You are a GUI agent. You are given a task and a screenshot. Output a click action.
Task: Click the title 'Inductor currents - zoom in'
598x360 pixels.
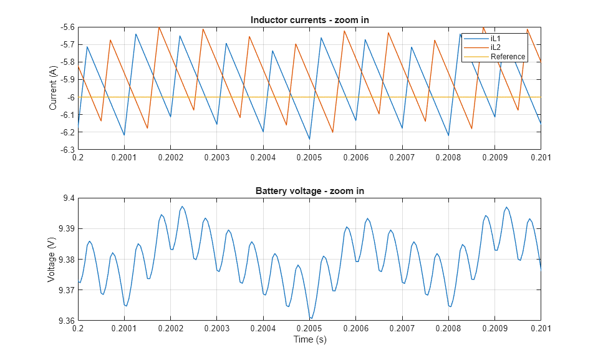[x=309, y=20]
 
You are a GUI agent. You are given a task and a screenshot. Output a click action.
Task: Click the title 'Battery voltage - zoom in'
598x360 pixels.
[x=309, y=191]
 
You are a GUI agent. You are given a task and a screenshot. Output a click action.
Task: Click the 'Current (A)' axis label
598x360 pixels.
[x=53, y=89]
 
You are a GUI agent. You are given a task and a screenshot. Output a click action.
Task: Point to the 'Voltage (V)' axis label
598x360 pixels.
[x=53, y=260]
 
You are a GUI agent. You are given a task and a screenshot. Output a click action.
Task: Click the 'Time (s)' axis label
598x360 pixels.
[x=310, y=340]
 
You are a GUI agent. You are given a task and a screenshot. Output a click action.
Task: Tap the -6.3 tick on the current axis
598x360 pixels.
[x=65, y=150]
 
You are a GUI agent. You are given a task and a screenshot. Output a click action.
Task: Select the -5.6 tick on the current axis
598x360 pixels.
[x=65, y=27]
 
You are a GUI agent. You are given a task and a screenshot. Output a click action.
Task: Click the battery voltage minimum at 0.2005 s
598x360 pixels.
[x=310, y=319]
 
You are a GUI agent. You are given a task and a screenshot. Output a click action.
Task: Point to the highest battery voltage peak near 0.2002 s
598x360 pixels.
[x=182, y=207]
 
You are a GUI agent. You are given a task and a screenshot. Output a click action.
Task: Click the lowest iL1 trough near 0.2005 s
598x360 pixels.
[x=309, y=139]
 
